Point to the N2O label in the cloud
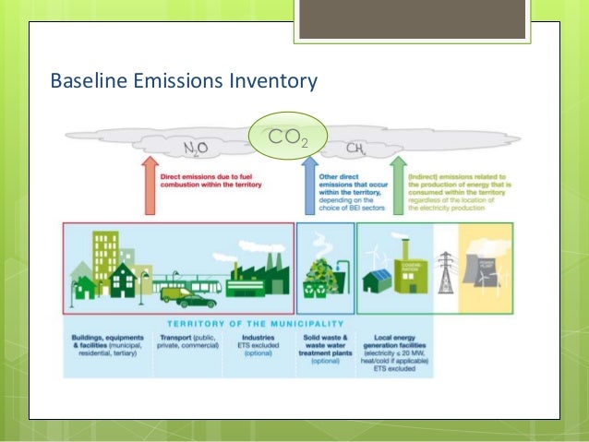click(195, 147)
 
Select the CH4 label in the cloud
click(354, 148)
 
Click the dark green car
click(197, 300)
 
